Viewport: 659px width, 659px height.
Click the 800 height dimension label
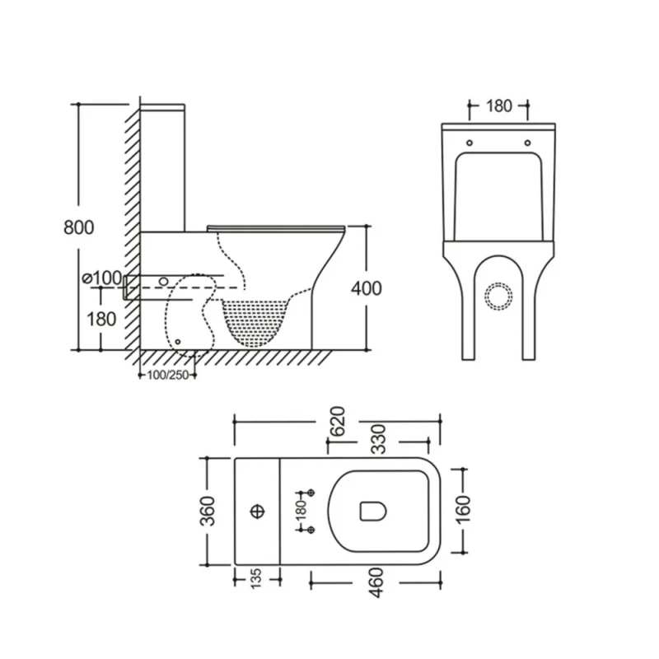click(78, 227)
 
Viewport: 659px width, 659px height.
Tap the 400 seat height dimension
click(366, 287)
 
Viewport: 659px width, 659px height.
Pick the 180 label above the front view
click(498, 105)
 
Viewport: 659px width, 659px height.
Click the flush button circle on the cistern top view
click(257, 512)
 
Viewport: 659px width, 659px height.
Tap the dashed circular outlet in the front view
click(499, 296)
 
